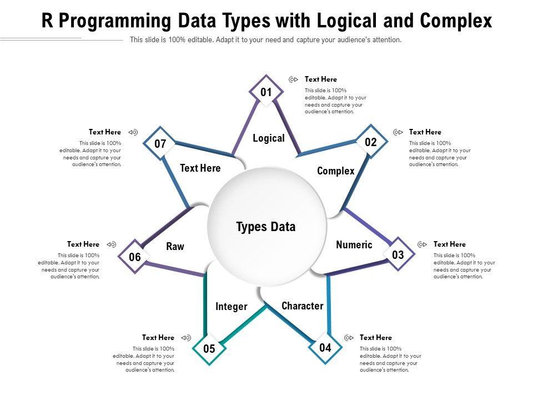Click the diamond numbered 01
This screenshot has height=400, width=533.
[x=266, y=92]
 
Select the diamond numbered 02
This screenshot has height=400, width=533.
[x=371, y=143]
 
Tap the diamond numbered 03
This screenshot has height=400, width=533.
[x=398, y=255]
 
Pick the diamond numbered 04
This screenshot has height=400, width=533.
[x=325, y=348]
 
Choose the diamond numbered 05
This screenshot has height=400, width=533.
[x=209, y=349]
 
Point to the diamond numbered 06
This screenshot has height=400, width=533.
[x=135, y=257]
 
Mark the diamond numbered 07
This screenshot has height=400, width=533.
[x=160, y=144]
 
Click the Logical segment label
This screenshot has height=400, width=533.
[x=269, y=138]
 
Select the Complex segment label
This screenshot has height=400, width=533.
[x=335, y=171]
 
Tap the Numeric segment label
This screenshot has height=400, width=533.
[x=354, y=245]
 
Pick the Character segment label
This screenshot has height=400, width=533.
[x=302, y=306]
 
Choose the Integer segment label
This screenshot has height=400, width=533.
[x=232, y=307]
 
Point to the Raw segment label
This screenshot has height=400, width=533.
[x=175, y=247]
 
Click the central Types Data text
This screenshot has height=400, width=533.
[x=266, y=227]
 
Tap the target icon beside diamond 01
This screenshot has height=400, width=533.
[x=294, y=79]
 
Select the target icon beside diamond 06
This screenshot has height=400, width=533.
[x=111, y=244]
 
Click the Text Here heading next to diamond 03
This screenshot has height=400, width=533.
[x=449, y=244]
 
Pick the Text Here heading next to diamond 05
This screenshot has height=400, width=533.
[x=158, y=338]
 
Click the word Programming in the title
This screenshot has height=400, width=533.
[x=114, y=21]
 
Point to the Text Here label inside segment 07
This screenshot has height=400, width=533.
[x=200, y=168]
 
